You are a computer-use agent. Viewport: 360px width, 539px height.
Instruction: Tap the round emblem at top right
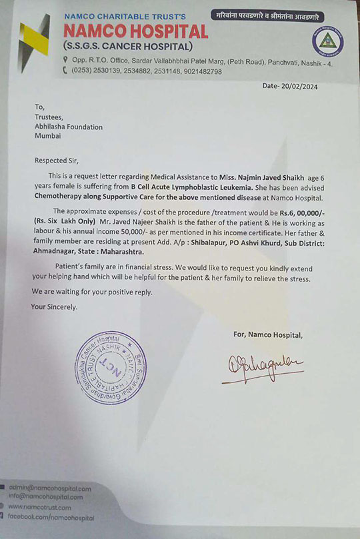(x=327, y=42)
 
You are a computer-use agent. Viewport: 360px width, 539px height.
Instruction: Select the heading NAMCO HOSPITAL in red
(x=136, y=31)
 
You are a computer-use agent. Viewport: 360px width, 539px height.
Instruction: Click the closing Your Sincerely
(x=54, y=306)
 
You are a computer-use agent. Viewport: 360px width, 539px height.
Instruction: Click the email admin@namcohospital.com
(x=49, y=488)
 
